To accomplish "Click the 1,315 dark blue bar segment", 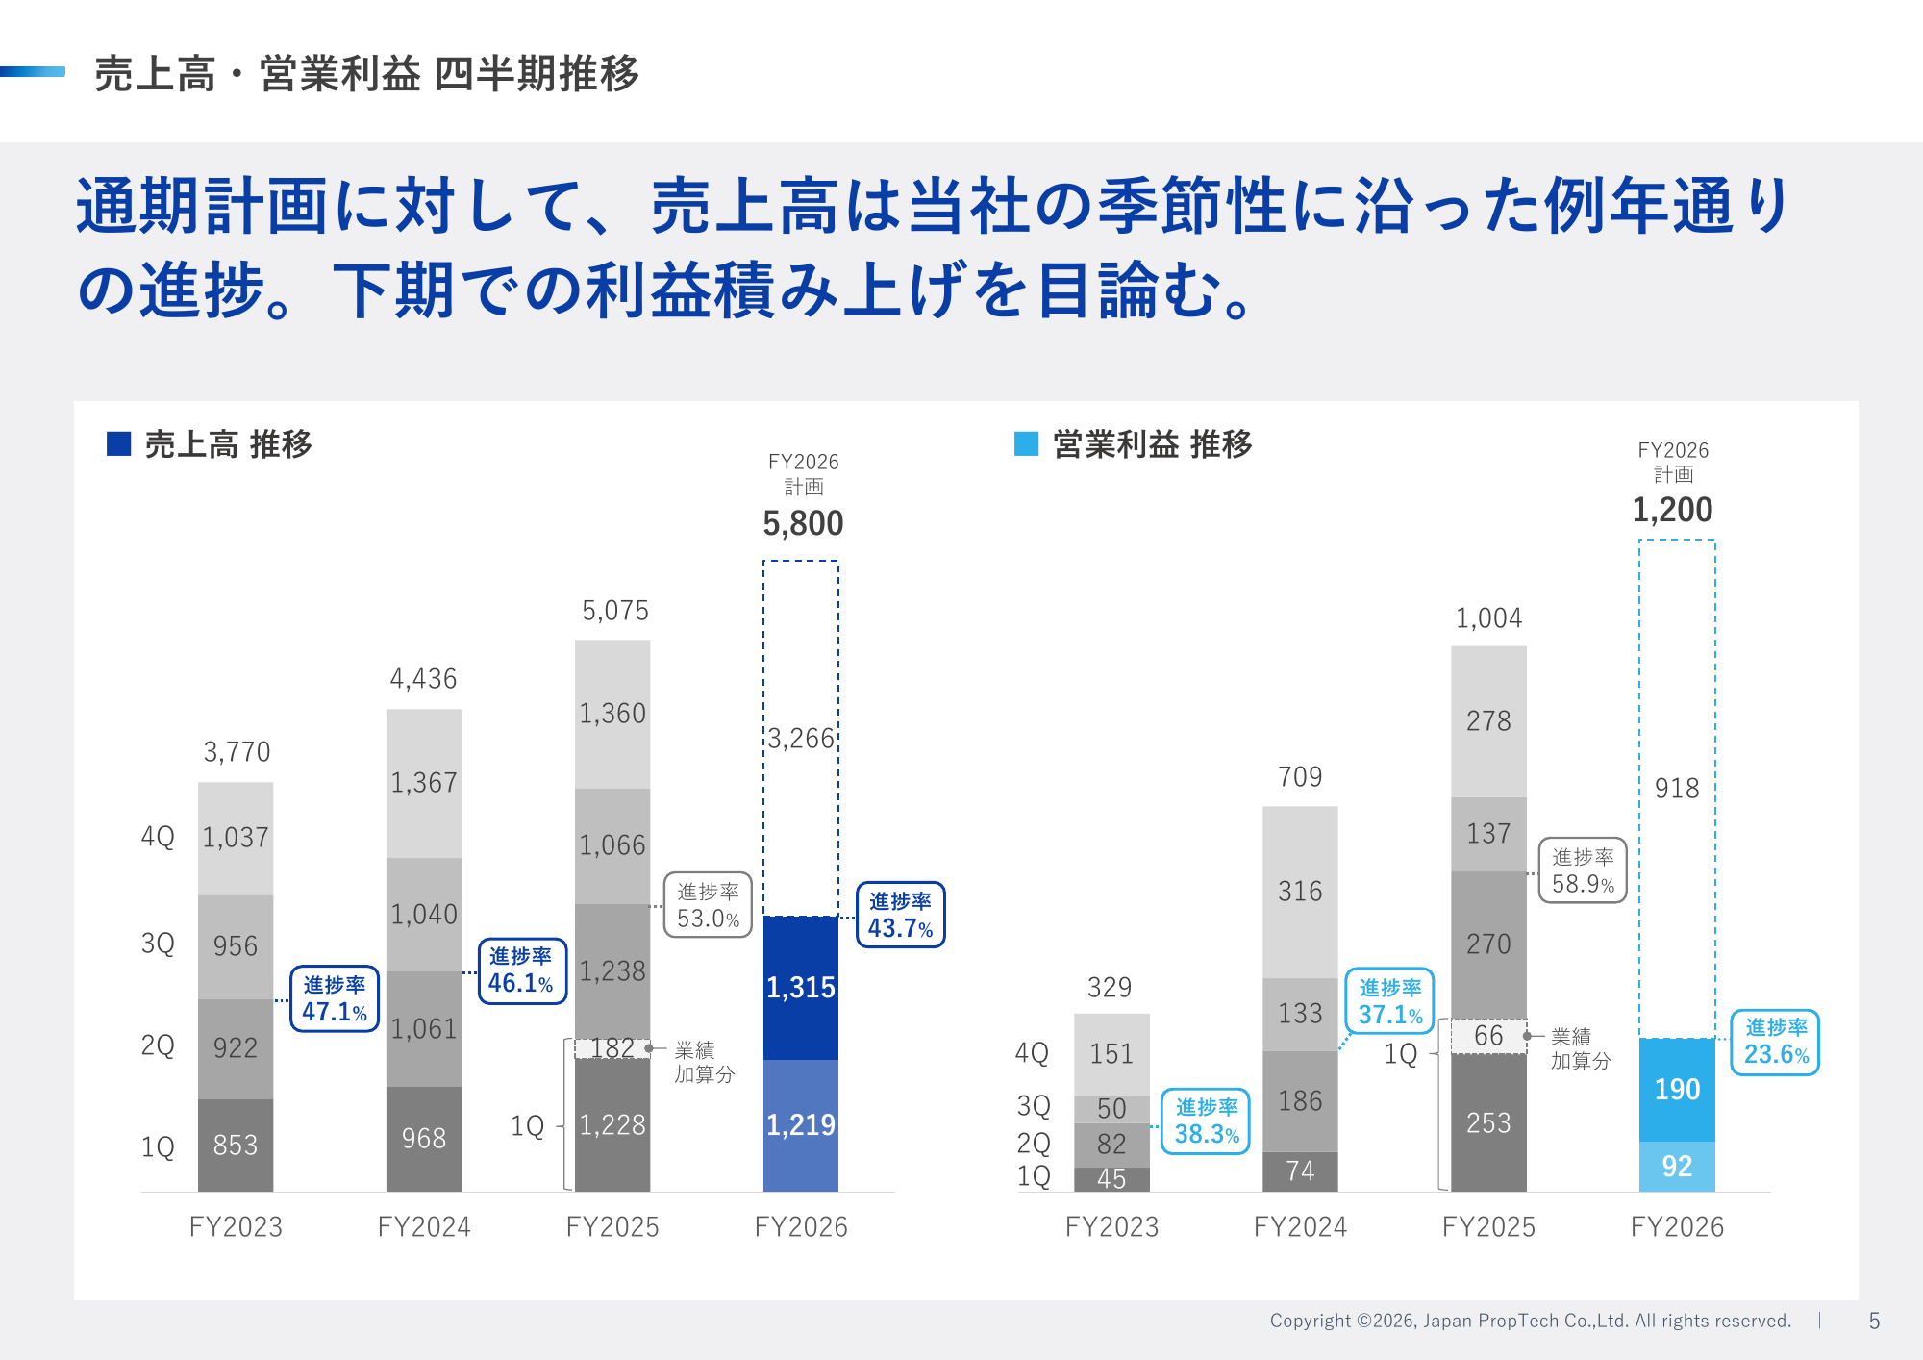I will point(800,987).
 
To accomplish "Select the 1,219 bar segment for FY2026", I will point(800,1124).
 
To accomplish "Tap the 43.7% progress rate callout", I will point(900,915).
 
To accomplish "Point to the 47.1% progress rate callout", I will point(335,998).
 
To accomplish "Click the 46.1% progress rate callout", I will point(521,970).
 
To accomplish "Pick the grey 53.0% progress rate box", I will point(708,905).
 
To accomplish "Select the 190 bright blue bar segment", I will point(1677,1089).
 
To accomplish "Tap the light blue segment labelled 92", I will point(1677,1166).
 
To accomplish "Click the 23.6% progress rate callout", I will point(1775,1042).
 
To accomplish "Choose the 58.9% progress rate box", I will point(1583,870).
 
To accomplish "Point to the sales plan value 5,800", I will point(803,523).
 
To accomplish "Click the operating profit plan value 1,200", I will point(1672,510).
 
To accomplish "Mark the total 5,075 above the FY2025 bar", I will point(615,611).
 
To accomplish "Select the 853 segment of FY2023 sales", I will point(236,1145).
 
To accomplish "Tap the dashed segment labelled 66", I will point(1488,1036).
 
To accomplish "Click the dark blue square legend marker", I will point(118,443).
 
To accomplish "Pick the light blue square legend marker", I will point(1027,443).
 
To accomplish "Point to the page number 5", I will point(1874,1321).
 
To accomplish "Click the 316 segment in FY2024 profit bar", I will point(1300,892).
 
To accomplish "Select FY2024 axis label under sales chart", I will point(424,1226).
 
